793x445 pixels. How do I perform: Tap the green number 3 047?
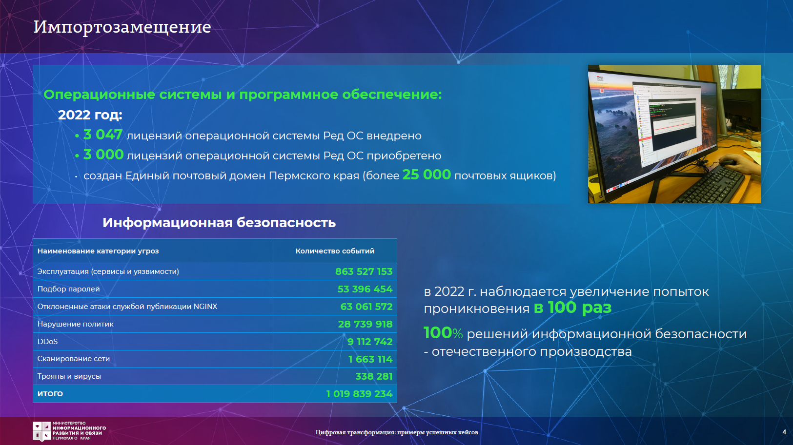103,135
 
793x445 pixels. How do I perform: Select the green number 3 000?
103,155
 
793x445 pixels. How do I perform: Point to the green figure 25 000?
427,174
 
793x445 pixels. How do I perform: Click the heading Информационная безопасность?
219,223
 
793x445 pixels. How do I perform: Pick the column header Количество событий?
335,251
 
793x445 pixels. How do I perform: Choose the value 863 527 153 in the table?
364,271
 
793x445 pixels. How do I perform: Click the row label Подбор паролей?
69,289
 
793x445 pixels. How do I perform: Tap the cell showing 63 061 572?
366,307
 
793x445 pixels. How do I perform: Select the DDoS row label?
47,342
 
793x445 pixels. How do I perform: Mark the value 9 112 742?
370,342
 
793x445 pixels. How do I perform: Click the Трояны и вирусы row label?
69,376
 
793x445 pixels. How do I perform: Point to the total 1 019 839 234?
359,394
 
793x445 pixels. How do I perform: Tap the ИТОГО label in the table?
50,393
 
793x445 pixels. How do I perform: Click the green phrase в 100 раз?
572,308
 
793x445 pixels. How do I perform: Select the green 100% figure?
443,333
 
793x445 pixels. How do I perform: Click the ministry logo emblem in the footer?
42,431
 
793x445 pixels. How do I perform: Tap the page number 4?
784,432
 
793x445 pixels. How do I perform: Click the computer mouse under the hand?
728,163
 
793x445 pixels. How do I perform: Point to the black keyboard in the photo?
711,183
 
